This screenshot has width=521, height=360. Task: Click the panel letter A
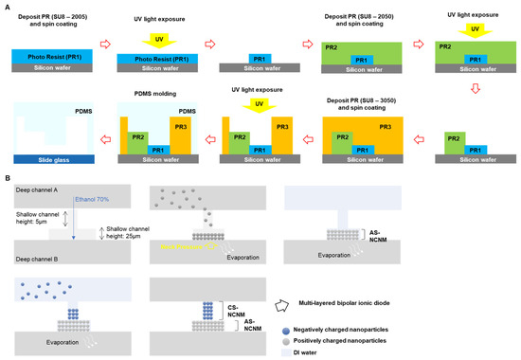(x=8, y=6)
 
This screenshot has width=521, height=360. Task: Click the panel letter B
(x=8, y=177)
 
